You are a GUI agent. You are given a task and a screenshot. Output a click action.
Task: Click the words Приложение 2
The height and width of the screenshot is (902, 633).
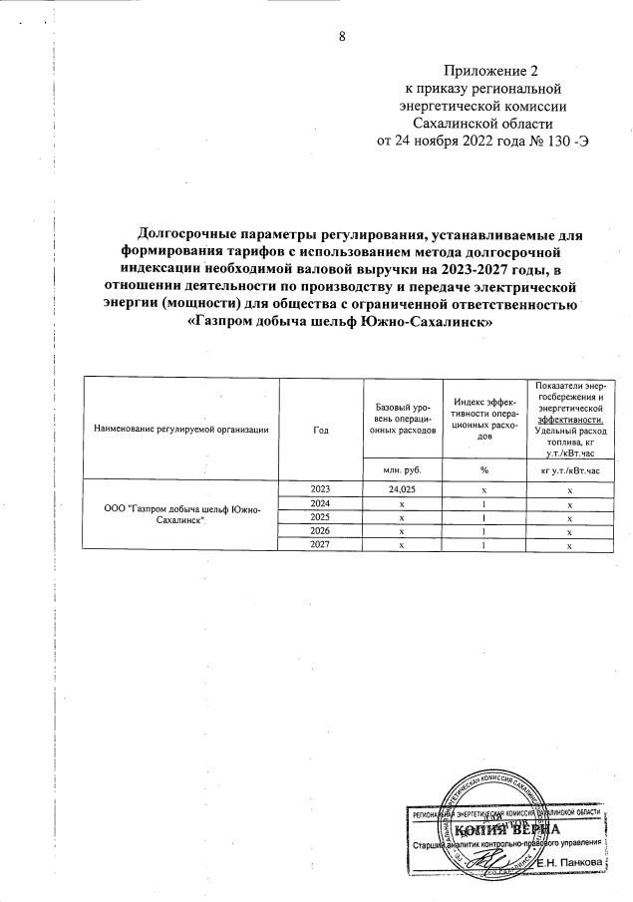tap(490, 71)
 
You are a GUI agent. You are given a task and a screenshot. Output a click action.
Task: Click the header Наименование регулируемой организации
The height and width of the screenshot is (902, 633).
tap(180, 429)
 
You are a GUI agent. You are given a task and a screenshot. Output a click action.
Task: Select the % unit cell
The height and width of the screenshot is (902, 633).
tap(483, 468)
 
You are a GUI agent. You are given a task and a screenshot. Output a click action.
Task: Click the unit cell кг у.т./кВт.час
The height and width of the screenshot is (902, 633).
tap(569, 468)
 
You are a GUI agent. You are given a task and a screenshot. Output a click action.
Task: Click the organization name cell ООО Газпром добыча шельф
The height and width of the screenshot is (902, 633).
tap(181, 516)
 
